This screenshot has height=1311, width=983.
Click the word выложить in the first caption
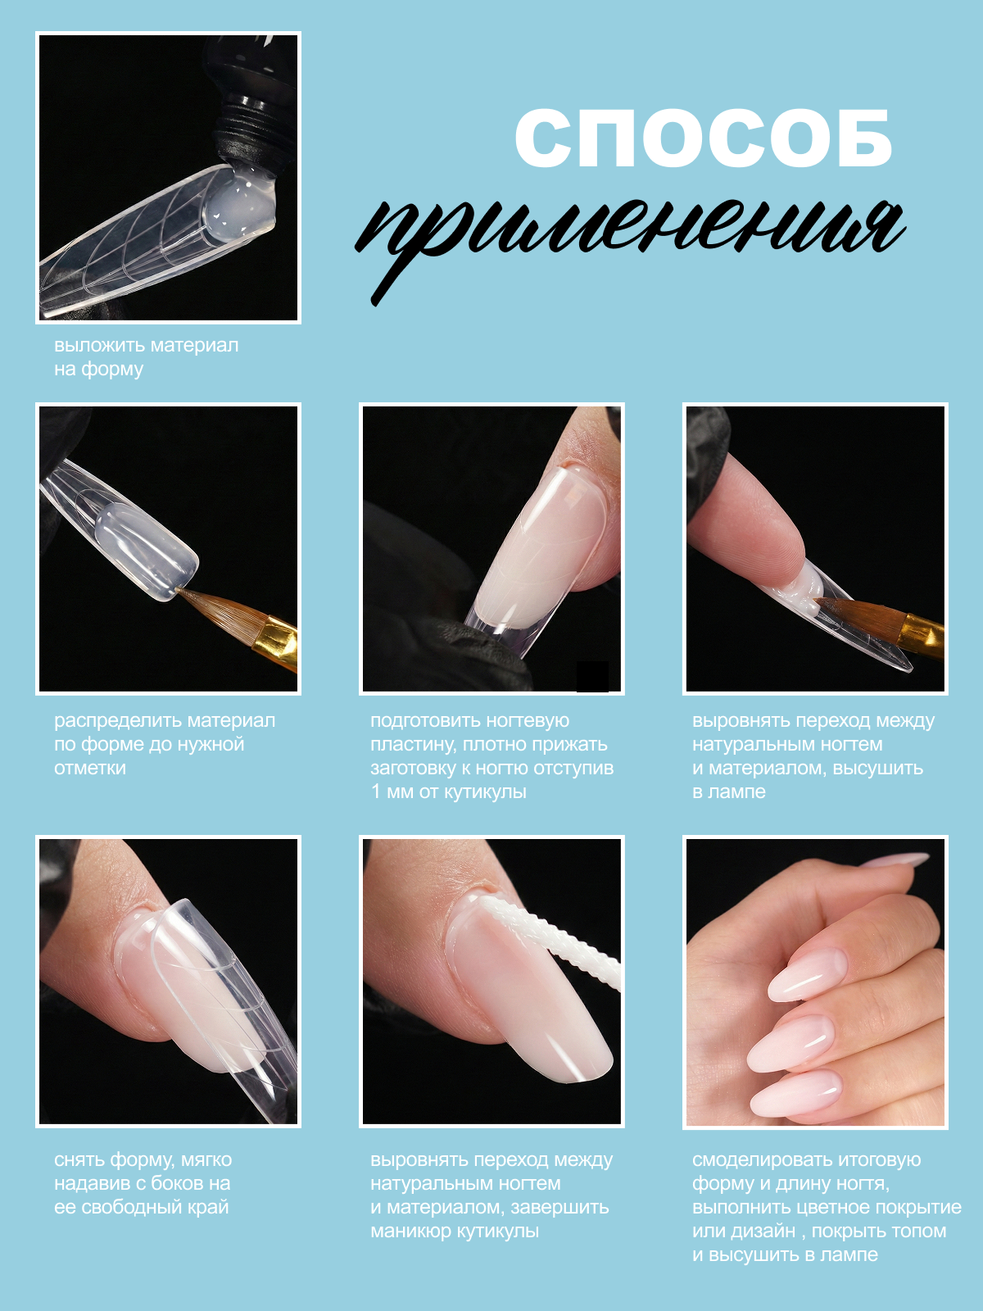point(100,346)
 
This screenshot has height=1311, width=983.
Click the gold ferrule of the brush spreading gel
point(279,639)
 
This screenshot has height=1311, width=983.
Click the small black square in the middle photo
point(592,676)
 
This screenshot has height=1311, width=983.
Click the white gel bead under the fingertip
point(804,588)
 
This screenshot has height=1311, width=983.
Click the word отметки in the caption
point(90,768)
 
